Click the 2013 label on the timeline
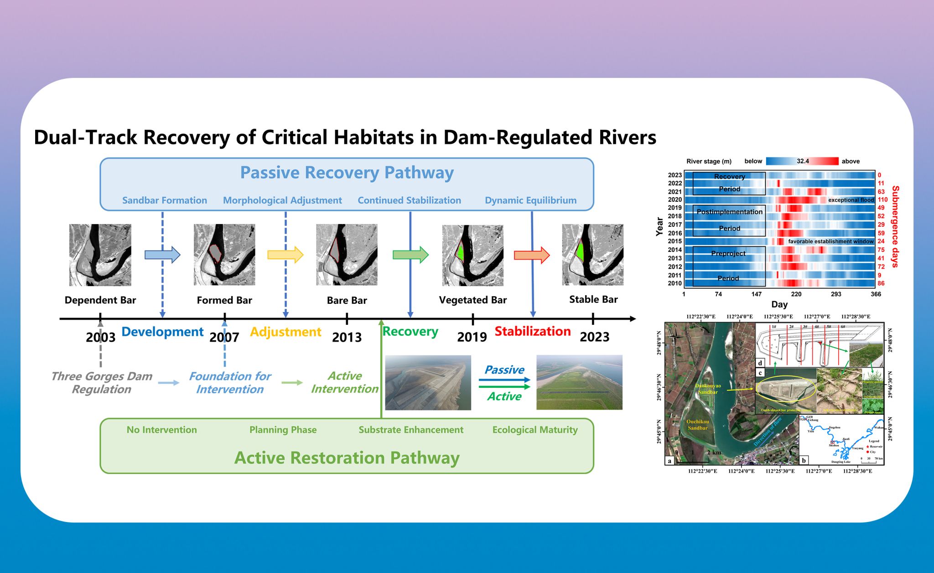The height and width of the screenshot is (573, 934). point(347,337)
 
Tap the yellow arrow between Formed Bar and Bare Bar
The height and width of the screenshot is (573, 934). point(285,255)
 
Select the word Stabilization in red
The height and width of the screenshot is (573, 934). point(533,331)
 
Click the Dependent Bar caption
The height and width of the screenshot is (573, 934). point(100,300)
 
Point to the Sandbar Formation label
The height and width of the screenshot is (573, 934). point(165,200)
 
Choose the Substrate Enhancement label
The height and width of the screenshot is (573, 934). point(411,430)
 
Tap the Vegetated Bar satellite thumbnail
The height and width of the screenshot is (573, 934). point(473,255)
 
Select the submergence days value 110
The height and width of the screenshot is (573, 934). point(883,200)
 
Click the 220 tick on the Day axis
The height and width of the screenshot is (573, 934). point(796,294)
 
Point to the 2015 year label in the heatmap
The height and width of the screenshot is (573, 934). point(675,241)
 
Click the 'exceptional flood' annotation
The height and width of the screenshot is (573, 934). point(851,200)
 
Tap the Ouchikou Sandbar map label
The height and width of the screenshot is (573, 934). point(698,425)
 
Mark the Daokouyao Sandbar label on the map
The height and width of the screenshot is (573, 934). point(708,389)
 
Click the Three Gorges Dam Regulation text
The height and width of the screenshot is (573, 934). point(102,383)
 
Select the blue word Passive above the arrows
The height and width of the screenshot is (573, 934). point(504,370)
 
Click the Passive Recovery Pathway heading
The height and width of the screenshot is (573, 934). point(347,173)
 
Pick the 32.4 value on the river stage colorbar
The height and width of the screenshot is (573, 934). point(803,161)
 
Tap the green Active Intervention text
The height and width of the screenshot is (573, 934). point(345,382)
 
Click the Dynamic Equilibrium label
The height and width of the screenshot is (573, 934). point(531,200)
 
